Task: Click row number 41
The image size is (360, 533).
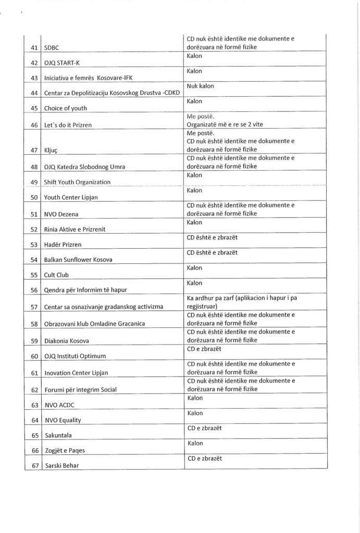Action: tap(34, 48)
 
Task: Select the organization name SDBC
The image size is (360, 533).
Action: tap(52, 48)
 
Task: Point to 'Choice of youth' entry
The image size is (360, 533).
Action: tap(66, 108)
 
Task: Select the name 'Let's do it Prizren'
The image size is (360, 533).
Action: tap(68, 125)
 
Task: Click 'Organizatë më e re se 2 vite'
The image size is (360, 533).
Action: tap(225, 125)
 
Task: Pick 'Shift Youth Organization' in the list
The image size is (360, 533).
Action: tap(77, 182)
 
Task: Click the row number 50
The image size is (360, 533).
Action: tap(34, 198)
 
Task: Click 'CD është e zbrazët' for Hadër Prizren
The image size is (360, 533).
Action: tap(212, 238)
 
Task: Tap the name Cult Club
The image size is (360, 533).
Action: tap(56, 275)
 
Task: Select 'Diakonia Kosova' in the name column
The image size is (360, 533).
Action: tap(66, 341)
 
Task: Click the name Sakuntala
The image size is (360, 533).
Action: tap(58, 435)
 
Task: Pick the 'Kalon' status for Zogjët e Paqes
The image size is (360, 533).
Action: tap(195, 443)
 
